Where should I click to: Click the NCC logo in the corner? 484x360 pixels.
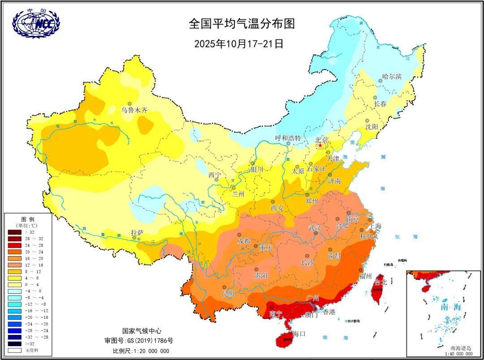pos(36,23)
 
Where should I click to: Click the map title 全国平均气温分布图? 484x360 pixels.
pos(242,24)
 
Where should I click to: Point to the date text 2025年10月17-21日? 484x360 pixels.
pos(239,44)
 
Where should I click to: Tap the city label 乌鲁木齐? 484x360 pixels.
pos(134,110)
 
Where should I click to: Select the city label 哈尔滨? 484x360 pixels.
pos(392,76)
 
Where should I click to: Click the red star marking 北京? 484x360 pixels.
pos(320,146)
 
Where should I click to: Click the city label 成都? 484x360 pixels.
pos(244,240)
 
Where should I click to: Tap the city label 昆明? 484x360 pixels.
pos(228,294)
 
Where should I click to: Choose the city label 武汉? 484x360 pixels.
pos(315,228)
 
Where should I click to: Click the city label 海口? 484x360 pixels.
pos(299,334)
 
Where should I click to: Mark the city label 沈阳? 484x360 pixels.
pos(372,127)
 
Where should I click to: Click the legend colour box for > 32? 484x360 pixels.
pos(15,232)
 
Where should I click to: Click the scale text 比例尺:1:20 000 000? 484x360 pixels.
pos(141,351)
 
